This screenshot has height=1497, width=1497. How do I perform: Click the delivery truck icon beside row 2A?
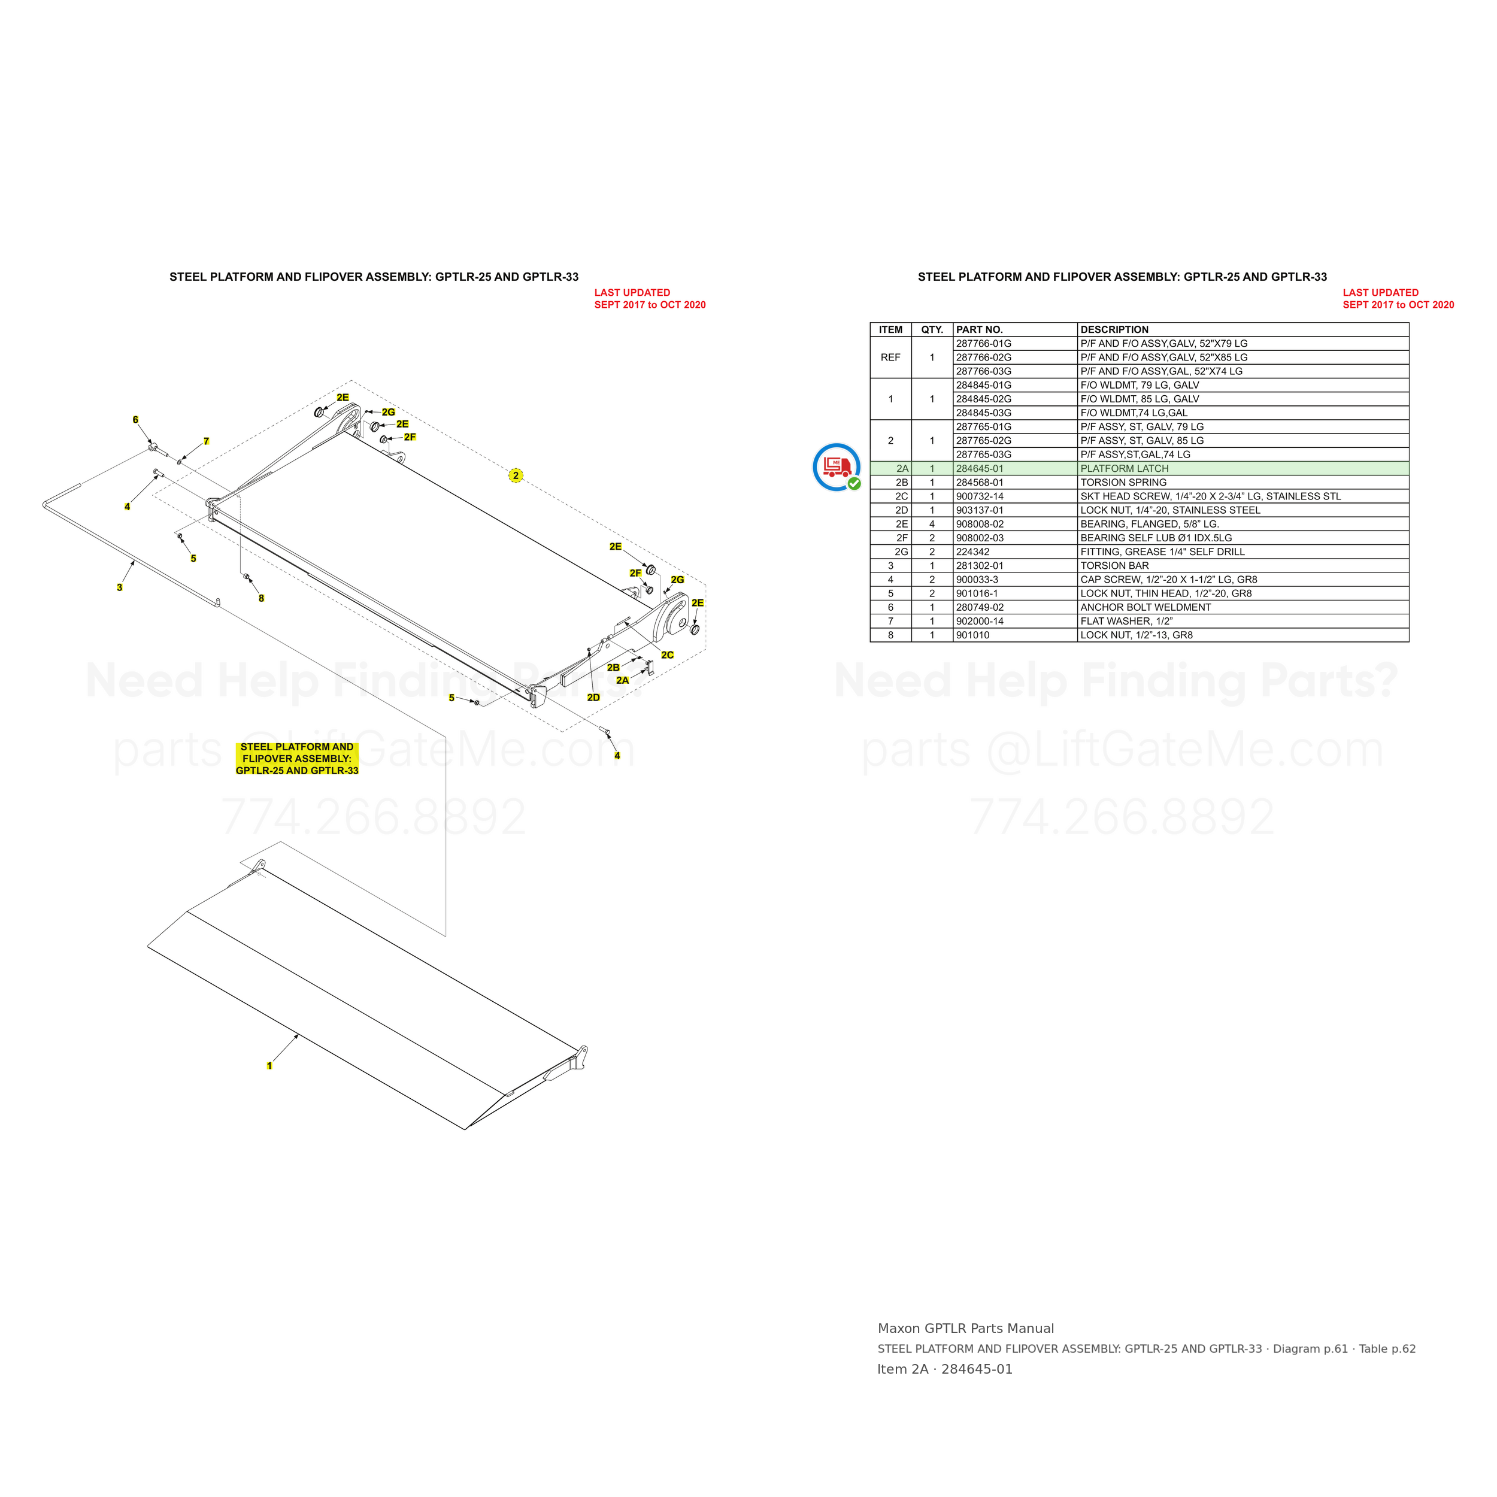[836, 467]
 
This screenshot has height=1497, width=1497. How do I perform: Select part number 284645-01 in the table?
[980, 469]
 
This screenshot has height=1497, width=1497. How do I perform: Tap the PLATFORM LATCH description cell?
[1125, 469]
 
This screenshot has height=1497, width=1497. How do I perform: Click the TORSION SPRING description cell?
[1123, 483]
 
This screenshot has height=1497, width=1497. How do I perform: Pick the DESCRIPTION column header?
[1114, 329]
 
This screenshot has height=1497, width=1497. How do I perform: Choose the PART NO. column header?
[980, 329]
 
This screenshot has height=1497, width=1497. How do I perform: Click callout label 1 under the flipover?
[269, 1065]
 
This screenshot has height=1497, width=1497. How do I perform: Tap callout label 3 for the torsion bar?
[119, 587]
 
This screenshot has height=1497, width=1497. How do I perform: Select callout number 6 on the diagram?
[135, 420]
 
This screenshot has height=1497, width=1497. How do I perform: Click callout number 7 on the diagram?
[206, 441]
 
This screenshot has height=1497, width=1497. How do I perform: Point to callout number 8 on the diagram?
[261, 598]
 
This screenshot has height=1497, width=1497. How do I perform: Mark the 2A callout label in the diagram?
[622, 680]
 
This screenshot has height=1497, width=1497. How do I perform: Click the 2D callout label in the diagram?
[593, 698]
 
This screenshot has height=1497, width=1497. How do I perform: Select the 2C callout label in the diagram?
[667, 654]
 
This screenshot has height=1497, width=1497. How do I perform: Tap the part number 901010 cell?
[971, 635]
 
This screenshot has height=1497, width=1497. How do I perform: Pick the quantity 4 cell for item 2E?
[932, 525]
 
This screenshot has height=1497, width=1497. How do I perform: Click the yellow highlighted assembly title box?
[297, 759]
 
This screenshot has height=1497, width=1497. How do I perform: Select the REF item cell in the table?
[890, 357]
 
